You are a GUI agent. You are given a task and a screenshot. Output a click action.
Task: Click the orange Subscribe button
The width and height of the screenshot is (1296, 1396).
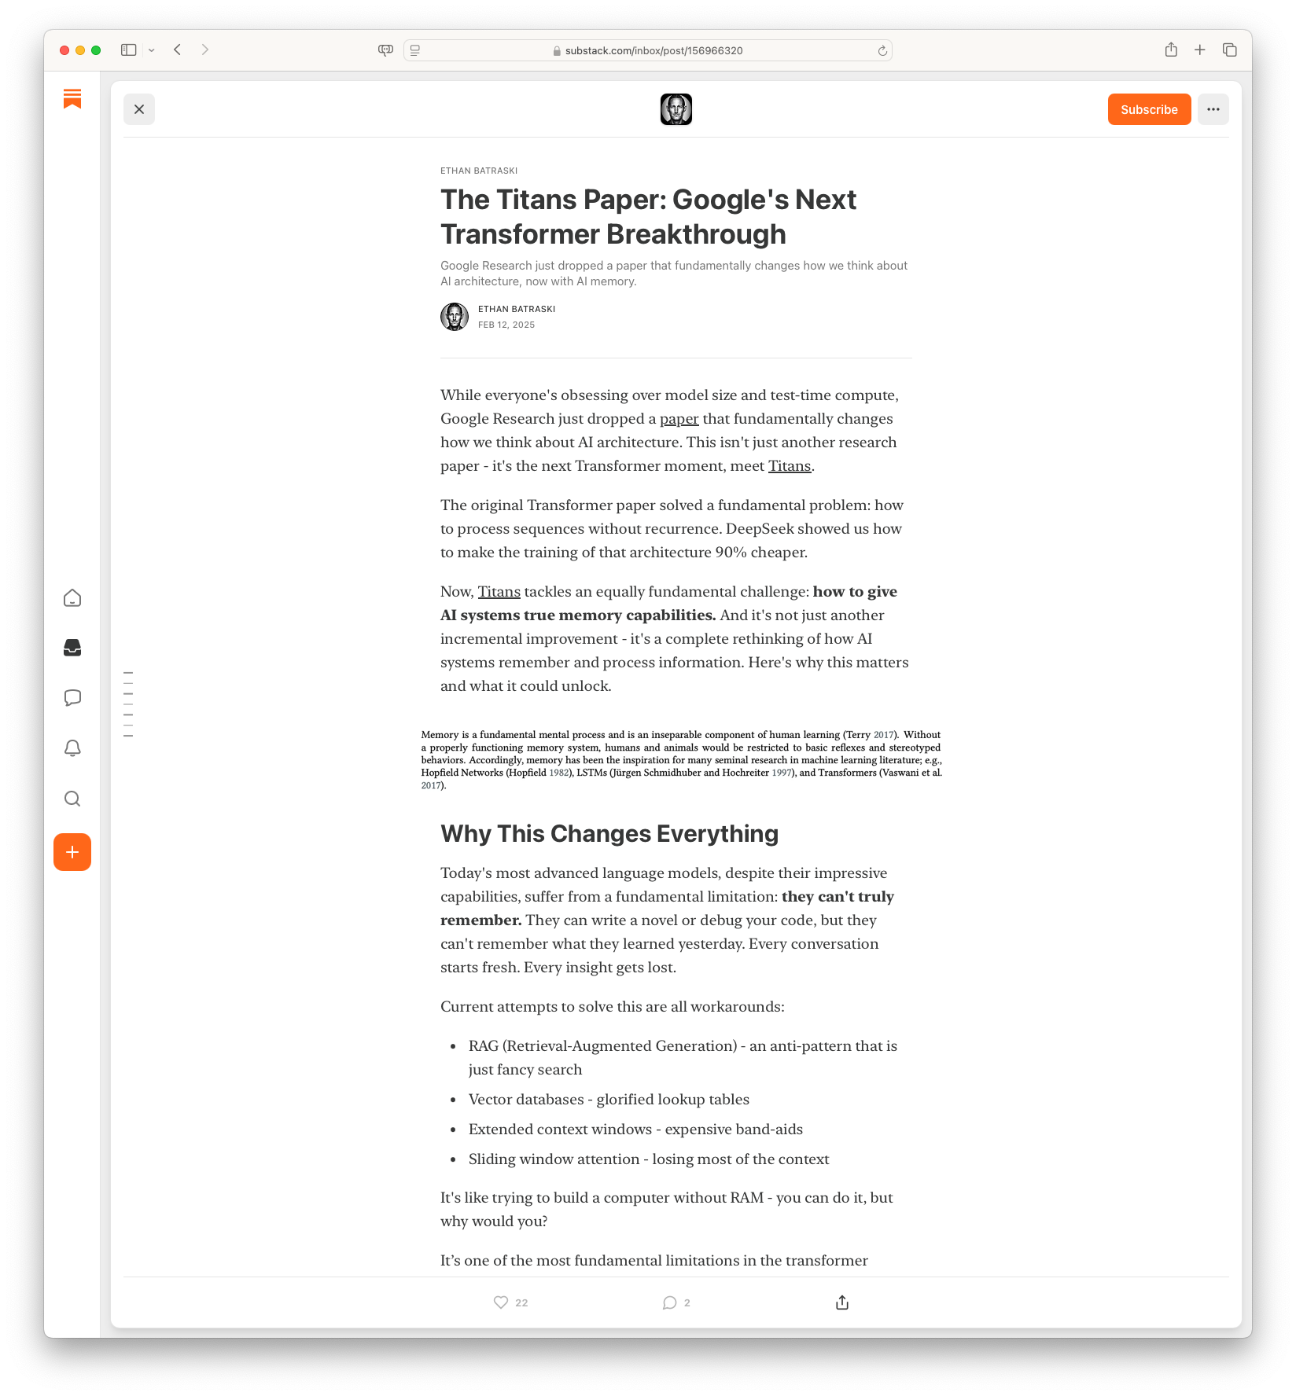pyautogui.click(x=1149, y=109)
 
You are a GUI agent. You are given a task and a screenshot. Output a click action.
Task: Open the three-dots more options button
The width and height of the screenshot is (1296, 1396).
pyautogui.click(x=1213, y=109)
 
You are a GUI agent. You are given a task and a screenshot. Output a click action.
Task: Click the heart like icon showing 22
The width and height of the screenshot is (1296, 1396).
pyautogui.click(x=501, y=1302)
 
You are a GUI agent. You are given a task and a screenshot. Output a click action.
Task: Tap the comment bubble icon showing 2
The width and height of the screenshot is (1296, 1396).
pyautogui.click(x=669, y=1302)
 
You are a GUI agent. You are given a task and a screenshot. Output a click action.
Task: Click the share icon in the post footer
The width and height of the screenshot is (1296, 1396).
pyautogui.click(x=842, y=1302)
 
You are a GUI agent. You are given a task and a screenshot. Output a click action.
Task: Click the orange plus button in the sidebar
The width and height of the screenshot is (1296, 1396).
pyautogui.click(x=72, y=852)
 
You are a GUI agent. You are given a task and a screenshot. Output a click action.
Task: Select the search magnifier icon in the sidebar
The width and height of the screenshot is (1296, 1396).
pyautogui.click(x=72, y=799)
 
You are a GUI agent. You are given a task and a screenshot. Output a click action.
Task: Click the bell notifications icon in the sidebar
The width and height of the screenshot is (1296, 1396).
pyautogui.click(x=72, y=748)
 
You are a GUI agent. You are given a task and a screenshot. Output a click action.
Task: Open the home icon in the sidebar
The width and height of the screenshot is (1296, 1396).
pyautogui.click(x=72, y=598)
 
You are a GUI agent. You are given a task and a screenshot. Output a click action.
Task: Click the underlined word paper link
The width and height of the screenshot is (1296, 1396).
pyautogui.click(x=679, y=419)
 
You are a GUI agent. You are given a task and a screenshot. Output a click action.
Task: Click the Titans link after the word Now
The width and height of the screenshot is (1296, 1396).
pyautogui.click(x=499, y=592)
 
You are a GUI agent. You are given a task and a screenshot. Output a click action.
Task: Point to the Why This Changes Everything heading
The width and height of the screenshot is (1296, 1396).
pyautogui.click(x=609, y=833)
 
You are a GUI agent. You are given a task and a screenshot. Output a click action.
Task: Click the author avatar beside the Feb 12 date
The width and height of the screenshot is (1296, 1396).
pyautogui.click(x=455, y=317)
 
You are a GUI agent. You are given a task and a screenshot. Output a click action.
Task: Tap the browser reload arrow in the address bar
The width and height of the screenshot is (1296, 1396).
pyautogui.click(x=882, y=50)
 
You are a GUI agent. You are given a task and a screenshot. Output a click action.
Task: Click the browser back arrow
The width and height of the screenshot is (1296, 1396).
pyautogui.click(x=178, y=50)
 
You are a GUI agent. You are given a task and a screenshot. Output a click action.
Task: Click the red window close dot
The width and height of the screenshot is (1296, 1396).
pyautogui.click(x=64, y=50)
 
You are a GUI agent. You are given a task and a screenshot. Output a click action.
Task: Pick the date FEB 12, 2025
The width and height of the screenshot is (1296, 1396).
pyautogui.click(x=506, y=325)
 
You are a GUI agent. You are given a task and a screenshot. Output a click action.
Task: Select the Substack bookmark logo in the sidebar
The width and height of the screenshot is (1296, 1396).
pyautogui.click(x=72, y=98)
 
